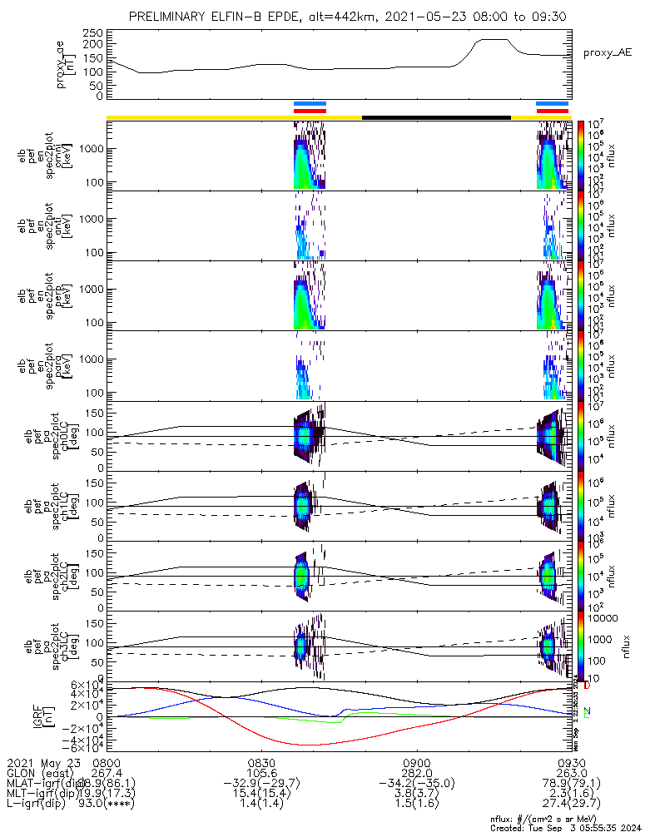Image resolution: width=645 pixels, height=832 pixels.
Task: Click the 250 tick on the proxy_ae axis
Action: click(94, 32)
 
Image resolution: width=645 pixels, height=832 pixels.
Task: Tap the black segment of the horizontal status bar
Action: click(436, 117)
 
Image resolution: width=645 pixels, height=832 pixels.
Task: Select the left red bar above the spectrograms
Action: click(310, 110)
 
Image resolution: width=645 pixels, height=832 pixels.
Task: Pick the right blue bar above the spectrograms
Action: click(552, 104)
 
